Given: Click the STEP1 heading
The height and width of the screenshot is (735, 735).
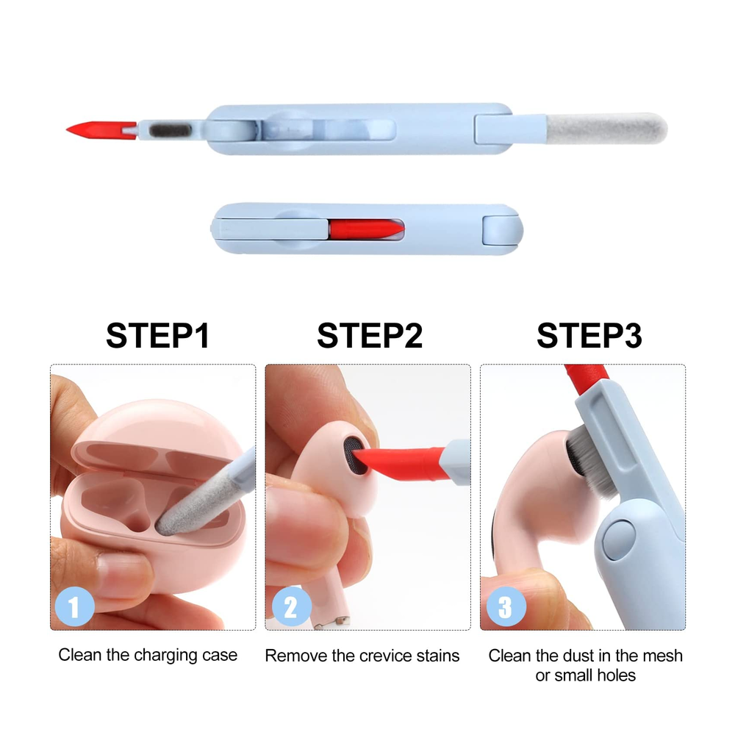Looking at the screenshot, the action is [157, 335].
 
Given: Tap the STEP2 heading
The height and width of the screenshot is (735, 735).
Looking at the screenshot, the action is [370, 335].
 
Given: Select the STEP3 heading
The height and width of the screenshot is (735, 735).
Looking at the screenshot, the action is [589, 335].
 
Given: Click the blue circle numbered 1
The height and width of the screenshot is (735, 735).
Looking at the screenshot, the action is [74, 606].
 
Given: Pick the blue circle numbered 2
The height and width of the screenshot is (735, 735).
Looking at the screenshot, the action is [292, 606].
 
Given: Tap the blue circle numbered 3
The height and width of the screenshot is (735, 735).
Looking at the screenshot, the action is [506, 606].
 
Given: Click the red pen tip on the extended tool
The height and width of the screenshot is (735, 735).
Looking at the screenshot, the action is [101, 130].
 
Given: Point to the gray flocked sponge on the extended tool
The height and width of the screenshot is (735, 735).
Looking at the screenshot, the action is [606, 128].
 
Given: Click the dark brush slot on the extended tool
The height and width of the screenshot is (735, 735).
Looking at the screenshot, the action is [171, 130].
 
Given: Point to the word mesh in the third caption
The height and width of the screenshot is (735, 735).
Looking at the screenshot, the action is [663, 656].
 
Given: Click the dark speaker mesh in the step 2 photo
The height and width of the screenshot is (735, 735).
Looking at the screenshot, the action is [354, 456].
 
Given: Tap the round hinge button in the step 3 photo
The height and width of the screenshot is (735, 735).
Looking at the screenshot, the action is [619, 539].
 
